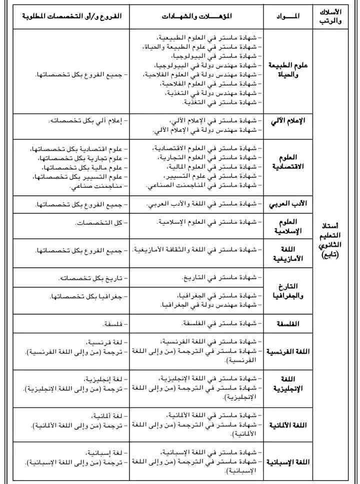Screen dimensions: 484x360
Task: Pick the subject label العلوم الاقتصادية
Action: (288, 162)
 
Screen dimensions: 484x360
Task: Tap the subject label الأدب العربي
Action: (288, 204)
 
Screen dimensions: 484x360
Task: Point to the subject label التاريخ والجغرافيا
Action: (288, 291)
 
